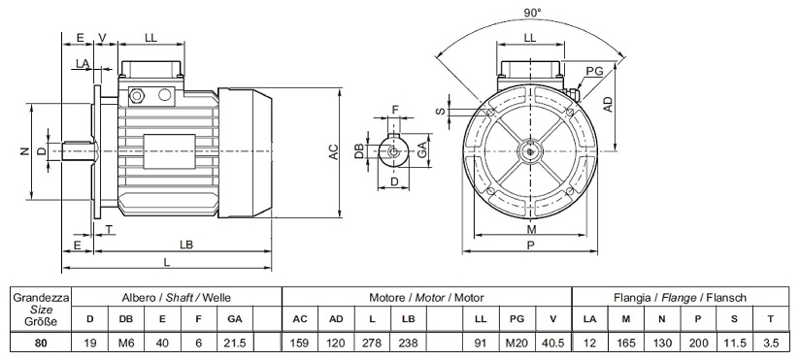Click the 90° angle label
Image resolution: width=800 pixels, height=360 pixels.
point(532,13)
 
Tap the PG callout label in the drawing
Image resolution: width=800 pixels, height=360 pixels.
point(594,71)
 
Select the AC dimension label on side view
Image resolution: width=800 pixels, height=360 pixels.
point(334,151)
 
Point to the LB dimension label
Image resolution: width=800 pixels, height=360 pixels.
point(186,245)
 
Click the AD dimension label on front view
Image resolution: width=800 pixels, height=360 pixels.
point(608,104)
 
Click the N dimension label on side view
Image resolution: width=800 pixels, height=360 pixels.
point(24,151)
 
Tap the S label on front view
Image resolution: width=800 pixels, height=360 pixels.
point(442,112)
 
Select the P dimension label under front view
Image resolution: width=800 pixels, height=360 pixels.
point(531,245)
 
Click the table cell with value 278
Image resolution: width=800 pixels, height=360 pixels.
point(372,343)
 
